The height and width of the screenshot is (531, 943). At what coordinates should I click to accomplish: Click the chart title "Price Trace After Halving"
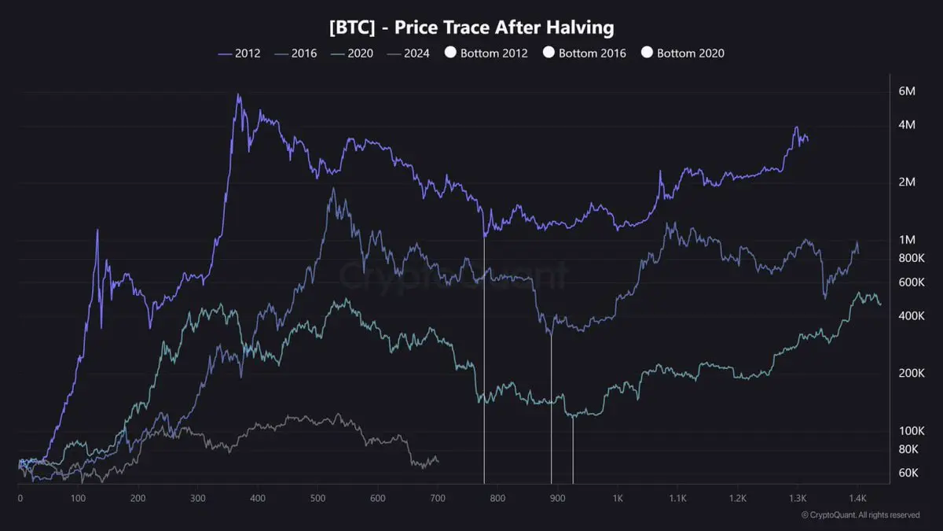coord(472,28)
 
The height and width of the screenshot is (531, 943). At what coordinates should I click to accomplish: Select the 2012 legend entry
coord(240,53)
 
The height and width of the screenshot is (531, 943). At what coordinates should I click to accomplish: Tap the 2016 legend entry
coord(296,53)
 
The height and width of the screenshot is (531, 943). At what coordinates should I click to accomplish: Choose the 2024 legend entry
coord(408,53)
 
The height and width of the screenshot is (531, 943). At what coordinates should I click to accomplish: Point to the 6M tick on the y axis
coord(906,91)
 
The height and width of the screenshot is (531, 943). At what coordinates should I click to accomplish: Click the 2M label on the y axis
coord(906,182)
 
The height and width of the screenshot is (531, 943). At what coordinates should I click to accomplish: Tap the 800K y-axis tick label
coord(910,258)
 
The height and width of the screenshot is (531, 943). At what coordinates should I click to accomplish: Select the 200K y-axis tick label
coord(910,373)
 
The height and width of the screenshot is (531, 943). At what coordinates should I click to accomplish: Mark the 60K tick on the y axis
coord(908,472)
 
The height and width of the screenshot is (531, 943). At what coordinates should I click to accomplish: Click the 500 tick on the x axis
coord(317,498)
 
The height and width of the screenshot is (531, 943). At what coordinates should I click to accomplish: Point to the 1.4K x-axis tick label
coord(857,498)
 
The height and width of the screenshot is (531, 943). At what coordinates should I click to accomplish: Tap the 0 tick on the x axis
coord(20,498)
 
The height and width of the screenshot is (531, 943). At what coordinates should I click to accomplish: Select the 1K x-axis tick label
coord(618,498)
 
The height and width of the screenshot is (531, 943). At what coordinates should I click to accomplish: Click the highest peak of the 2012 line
coord(239,95)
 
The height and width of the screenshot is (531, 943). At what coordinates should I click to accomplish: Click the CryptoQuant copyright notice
coord(860,515)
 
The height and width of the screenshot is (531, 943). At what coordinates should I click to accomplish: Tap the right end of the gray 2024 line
coord(438,460)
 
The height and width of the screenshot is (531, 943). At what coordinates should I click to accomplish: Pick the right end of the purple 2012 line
coord(807,140)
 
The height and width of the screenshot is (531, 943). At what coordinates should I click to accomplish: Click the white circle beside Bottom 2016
coord(549,53)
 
